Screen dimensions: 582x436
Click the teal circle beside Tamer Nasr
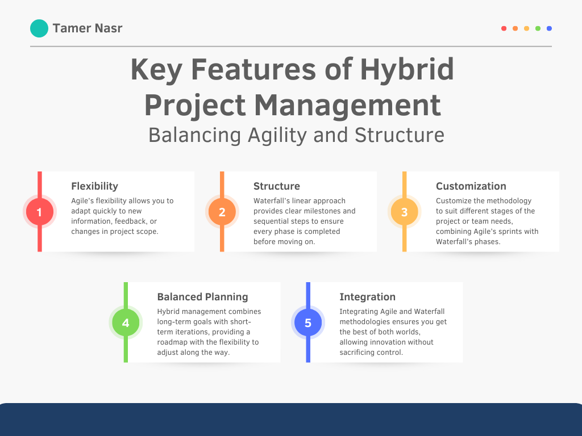point(39,28)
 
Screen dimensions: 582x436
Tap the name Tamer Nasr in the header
point(87,28)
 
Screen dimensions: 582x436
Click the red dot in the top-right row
point(504,28)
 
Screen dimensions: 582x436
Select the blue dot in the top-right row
point(549,28)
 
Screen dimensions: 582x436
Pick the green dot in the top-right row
point(538,28)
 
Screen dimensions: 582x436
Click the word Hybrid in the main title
point(407,70)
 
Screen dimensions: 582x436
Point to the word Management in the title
point(348,105)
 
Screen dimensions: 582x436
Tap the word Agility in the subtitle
point(277,135)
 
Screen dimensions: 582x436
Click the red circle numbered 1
point(39,212)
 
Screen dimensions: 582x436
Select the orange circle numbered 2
point(222,212)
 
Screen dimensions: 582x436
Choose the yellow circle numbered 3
point(404,212)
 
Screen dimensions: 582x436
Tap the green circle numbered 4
point(126,322)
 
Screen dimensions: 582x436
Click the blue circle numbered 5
point(308,322)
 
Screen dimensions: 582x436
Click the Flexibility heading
point(95,186)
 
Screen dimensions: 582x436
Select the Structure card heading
point(277,186)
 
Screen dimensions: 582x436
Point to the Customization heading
point(471,186)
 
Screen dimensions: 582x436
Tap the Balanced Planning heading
point(203,297)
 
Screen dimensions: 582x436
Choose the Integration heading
point(368,297)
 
